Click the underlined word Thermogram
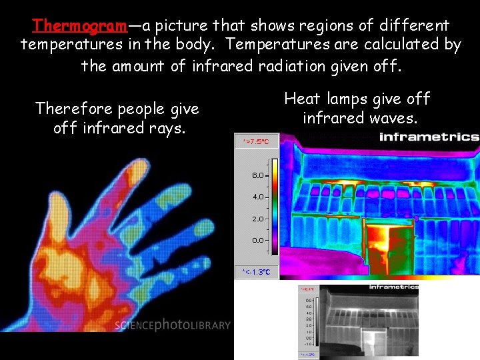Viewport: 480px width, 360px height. (79, 26)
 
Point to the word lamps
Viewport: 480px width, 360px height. (351, 99)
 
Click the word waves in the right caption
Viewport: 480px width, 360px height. (393, 118)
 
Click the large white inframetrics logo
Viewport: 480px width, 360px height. (429, 137)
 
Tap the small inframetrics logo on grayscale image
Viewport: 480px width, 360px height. (394, 287)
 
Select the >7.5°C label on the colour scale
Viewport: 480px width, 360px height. (257, 142)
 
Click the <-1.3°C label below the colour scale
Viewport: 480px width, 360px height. (257, 272)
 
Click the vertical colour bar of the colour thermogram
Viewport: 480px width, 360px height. (274, 207)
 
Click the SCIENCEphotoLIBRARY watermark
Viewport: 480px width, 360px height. (173, 325)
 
